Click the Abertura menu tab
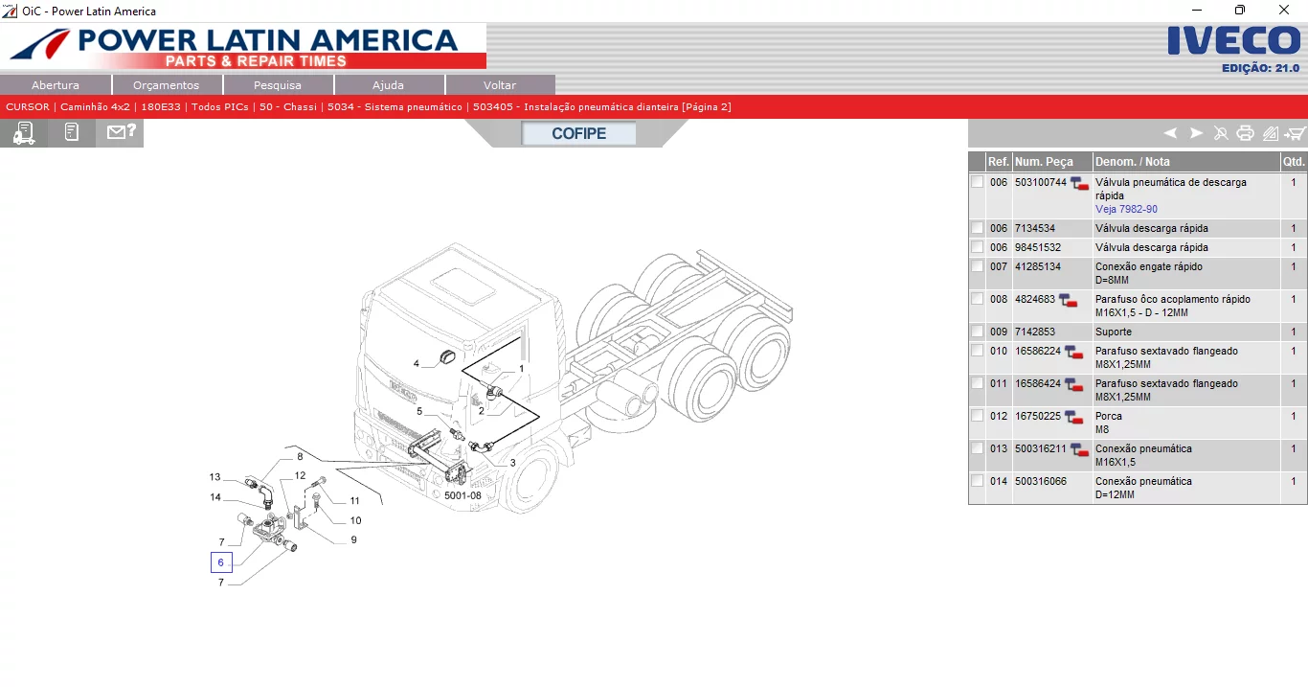[56, 85]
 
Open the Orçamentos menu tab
[167, 85]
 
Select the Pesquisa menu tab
[278, 85]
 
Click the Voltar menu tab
[500, 85]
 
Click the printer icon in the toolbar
[1245, 133]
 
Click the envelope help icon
[121, 132]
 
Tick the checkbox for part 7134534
[977, 228]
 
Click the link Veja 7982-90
[1126, 209]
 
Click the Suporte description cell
[1114, 332]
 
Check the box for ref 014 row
[977, 481]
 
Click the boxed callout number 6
[221, 562]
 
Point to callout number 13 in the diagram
[215, 477]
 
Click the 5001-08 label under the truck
[462, 495]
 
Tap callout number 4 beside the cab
[417, 363]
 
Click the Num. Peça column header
[1044, 162]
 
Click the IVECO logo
[1233, 41]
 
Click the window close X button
[1284, 11]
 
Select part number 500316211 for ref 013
[1040, 448]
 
